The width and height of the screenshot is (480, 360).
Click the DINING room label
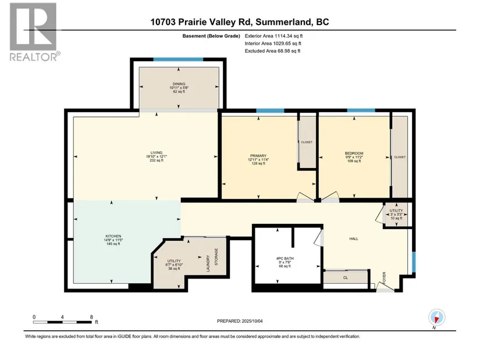click(179, 84)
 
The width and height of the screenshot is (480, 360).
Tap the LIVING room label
click(157, 153)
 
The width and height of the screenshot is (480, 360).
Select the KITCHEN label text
click(113, 236)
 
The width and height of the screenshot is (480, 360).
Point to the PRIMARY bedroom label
click(258, 156)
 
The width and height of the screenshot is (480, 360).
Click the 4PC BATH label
click(285, 259)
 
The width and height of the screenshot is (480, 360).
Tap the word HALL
click(354, 239)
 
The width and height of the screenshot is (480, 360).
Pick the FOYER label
click(384, 278)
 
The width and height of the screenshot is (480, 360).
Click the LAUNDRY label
click(208, 263)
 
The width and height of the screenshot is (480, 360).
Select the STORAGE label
click(216, 256)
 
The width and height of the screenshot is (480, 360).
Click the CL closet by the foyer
click(346, 277)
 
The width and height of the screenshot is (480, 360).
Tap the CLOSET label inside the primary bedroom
click(307, 142)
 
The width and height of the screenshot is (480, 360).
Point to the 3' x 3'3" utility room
click(396, 214)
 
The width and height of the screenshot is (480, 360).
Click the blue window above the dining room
click(178, 59)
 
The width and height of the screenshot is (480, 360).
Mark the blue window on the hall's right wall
click(414, 262)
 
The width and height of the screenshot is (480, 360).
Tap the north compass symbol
click(437, 318)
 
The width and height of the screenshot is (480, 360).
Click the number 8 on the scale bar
click(91, 317)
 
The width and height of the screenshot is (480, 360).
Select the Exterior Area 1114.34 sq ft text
click(273, 36)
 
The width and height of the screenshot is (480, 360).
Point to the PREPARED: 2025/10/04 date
click(240, 321)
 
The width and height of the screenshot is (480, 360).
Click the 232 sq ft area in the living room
click(157, 160)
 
